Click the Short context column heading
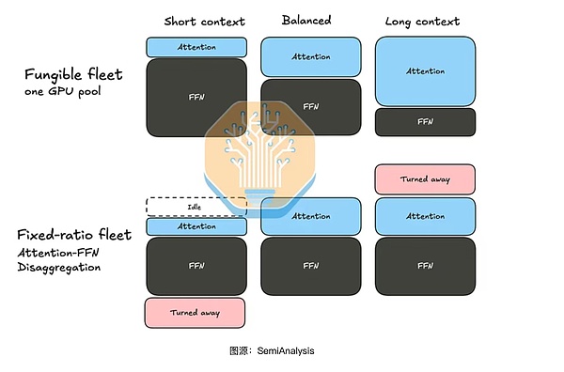[204, 22]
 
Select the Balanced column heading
[306, 20]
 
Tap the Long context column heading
[422, 22]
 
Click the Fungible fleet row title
[73, 75]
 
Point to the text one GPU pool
[63, 91]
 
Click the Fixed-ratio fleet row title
[74, 235]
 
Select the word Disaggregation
[59, 268]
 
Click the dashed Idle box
[196, 207]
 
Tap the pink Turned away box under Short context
[195, 313]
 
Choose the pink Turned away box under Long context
[425, 179]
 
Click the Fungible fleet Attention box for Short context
[196, 47]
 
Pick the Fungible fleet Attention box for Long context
[425, 71]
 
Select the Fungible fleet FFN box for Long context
[425, 122]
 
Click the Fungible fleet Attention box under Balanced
[311, 56]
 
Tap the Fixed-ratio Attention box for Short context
[196, 226]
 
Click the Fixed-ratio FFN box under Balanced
[311, 266]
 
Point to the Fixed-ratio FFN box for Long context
[425, 266]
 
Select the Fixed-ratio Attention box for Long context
[425, 216]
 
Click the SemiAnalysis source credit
[272, 350]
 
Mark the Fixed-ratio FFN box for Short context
[196, 266]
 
